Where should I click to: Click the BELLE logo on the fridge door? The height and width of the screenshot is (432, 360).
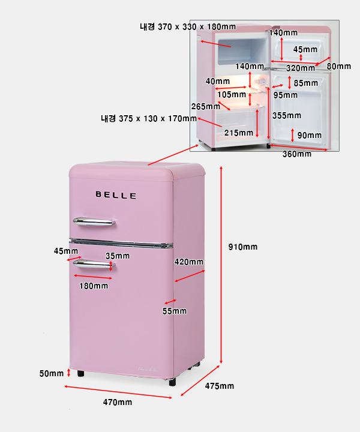pos(116,196)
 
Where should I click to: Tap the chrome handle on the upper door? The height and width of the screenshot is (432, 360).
pos(94,223)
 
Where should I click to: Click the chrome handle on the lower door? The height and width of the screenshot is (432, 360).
pos(94,263)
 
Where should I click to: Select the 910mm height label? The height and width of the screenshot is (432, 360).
pos(243,247)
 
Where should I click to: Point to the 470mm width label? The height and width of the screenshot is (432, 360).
pos(117,402)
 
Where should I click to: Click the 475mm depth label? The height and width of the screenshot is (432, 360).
pos(219,386)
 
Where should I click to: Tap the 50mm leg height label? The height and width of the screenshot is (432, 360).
pos(52,374)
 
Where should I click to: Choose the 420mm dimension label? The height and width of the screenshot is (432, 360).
pos(189,262)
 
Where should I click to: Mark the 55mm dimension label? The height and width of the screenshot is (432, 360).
pos(175,311)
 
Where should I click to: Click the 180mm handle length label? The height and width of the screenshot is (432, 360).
pos(94,286)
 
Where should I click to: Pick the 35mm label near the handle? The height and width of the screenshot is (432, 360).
pos(118,256)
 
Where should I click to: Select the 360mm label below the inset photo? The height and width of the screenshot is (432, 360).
pos(297,154)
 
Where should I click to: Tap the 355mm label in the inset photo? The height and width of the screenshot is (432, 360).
pos(287,115)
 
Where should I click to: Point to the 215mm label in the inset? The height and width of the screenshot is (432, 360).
pos(239,133)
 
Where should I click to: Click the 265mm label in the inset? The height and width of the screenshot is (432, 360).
pos(206,106)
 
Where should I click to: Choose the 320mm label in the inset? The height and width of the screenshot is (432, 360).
pos(300,68)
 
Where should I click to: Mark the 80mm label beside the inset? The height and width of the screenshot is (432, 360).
pos(339,66)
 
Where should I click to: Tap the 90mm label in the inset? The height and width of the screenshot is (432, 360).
pos(310,135)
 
